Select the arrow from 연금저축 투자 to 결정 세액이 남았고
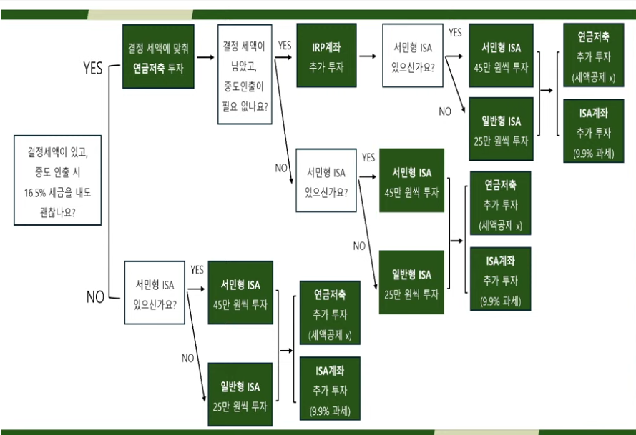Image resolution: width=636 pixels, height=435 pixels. click(x=205, y=56)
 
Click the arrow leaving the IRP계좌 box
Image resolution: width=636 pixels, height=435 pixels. click(x=368, y=54)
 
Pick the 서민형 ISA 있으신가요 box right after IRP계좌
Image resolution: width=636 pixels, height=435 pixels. click(x=412, y=56)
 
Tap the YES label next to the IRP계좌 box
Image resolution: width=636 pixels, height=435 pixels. click(x=285, y=45)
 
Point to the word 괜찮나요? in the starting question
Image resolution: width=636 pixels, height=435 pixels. click(x=57, y=212)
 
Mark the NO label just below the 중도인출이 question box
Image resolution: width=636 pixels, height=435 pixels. click(x=281, y=168)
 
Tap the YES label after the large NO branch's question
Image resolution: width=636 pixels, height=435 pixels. click(x=197, y=270)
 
